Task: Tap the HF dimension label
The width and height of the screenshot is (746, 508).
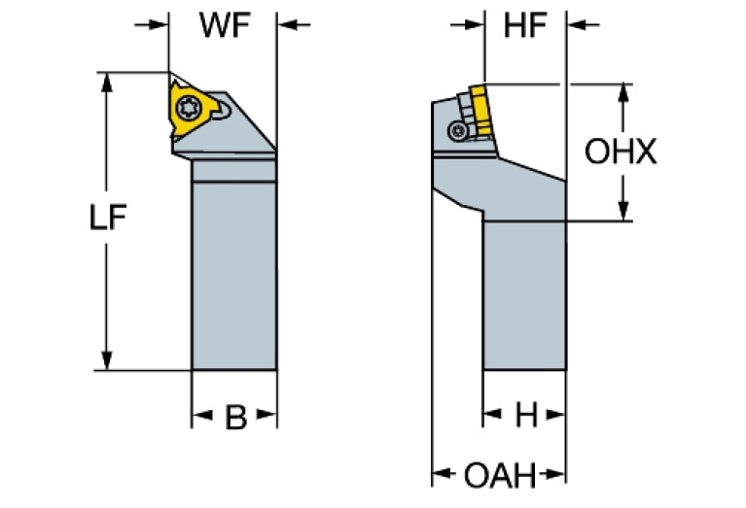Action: (525, 26)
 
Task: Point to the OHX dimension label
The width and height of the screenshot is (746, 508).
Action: (621, 152)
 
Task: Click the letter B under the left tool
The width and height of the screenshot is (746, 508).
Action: (234, 418)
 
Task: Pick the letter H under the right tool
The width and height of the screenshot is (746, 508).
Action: (525, 417)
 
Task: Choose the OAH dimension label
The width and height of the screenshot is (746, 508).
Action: (499, 476)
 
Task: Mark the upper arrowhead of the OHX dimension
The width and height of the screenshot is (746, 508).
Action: (622, 92)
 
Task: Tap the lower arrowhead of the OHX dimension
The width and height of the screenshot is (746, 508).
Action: (622, 212)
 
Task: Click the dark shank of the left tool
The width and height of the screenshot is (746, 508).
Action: (234, 272)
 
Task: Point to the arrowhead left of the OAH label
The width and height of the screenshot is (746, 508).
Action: (442, 476)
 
